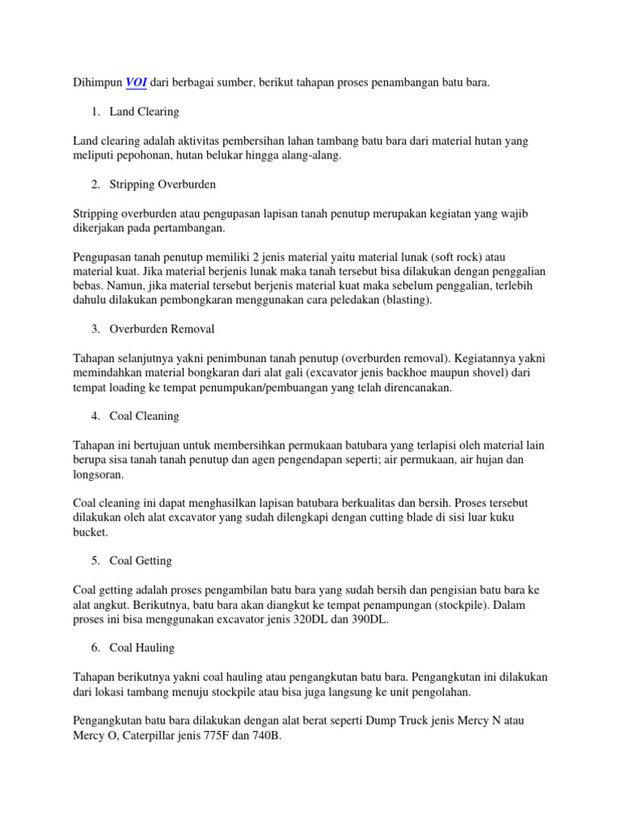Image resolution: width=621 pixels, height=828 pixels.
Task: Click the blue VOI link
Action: pyautogui.click(x=136, y=82)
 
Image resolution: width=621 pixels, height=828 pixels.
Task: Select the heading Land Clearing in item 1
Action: pyautogui.click(x=146, y=112)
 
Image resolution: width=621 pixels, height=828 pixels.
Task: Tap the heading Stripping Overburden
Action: pyautogui.click(x=164, y=184)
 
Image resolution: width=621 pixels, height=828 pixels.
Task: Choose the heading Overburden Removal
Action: pyautogui.click(x=163, y=329)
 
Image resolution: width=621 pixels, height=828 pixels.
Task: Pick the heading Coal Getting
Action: pyautogui.click(x=142, y=560)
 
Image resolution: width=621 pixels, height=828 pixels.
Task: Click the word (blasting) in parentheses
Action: pyautogui.click(x=405, y=300)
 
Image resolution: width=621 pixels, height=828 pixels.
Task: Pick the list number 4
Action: pyautogui.click(x=95, y=416)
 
